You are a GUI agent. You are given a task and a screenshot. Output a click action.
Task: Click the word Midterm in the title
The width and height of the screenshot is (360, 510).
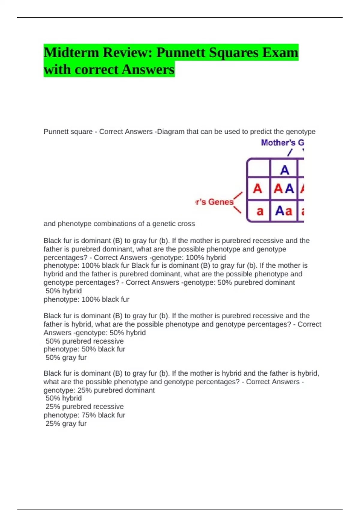pos(71,52)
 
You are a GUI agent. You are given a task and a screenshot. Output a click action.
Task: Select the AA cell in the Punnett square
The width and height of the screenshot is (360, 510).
pos(283,189)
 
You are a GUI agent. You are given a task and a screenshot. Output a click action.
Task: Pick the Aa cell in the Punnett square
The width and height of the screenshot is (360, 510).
pos(283,211)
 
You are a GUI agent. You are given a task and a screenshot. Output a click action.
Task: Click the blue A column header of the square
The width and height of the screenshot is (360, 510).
pos(284,170)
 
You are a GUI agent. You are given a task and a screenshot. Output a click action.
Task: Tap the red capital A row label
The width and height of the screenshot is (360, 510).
pos(257,189)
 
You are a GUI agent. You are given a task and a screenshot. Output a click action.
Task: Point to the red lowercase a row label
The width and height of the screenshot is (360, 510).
pos(260,211)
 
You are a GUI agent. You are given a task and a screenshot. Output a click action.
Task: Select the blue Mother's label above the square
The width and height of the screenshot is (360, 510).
pos(278,143)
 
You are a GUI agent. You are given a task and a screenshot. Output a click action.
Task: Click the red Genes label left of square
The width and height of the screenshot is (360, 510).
pos(220,202)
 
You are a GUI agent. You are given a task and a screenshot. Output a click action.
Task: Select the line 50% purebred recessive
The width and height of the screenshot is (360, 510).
pos(84,341)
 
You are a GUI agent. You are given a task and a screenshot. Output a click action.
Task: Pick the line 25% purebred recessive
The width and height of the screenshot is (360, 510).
pos(84,406)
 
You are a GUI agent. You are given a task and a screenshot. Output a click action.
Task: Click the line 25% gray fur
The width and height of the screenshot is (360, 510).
pos(66,424)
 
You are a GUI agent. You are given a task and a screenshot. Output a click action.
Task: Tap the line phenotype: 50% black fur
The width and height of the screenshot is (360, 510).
pos(84,349)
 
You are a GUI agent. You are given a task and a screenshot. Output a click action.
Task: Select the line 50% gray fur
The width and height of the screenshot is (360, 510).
pos(66,358)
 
